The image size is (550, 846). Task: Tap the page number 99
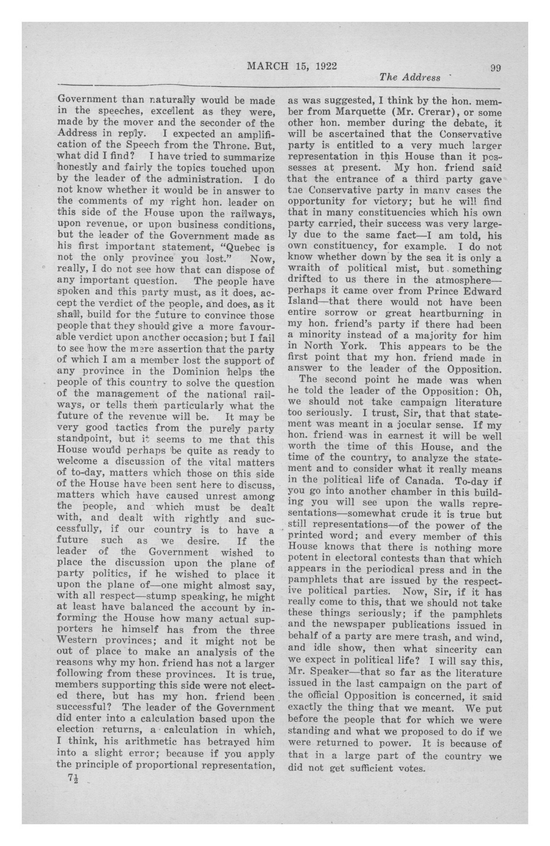tap(495, 67)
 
